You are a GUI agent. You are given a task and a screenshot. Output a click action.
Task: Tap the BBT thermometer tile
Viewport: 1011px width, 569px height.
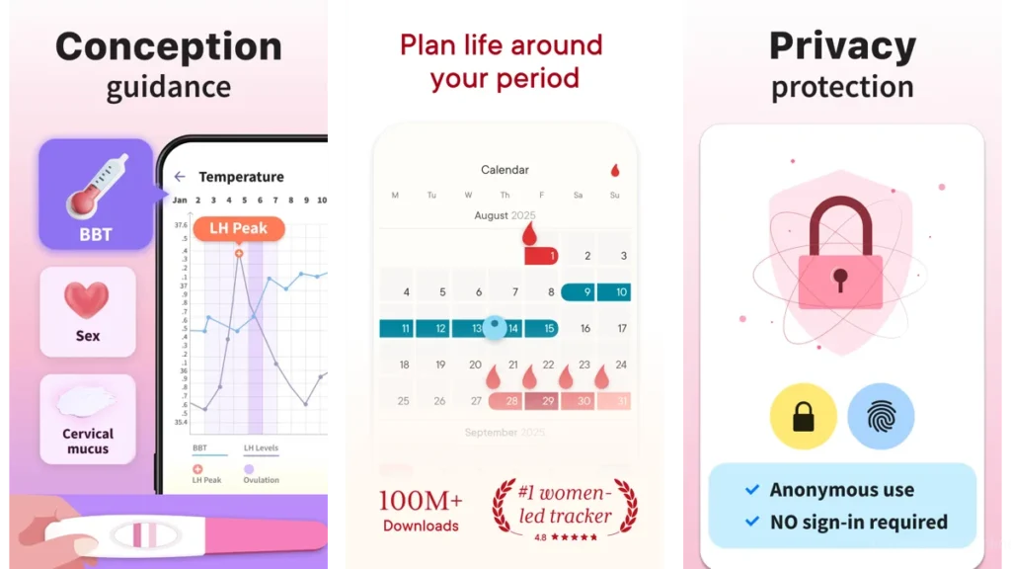click(x=96, y=195)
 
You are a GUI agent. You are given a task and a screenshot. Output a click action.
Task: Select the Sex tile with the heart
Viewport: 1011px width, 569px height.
click(x=88, y=310)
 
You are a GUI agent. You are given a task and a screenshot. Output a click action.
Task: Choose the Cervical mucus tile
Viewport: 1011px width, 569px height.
click(x=88, y=418)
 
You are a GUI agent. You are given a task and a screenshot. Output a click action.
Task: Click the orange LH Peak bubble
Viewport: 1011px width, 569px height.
click(x=238, y=228)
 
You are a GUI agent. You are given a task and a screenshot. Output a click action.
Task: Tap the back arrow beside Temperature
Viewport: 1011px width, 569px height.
click(x=180, y=177)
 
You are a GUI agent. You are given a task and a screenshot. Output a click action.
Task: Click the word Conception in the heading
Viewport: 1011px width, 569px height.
click(x=169, y=46)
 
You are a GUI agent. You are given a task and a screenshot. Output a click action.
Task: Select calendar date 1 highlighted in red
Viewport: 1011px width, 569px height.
click(x=541, y=256)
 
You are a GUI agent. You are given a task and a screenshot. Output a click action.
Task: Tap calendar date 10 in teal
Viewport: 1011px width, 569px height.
click(x=613, y=292)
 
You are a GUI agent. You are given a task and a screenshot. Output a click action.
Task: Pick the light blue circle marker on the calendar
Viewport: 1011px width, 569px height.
click(x=496, y=328)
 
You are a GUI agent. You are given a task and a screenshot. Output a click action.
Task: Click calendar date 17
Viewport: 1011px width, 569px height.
click(x=621, y=328)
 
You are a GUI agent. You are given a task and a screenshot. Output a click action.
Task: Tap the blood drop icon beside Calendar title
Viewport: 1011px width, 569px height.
click(x=615, y=170)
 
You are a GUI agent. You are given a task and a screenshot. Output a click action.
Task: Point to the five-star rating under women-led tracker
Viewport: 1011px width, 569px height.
click(x=573, y=538)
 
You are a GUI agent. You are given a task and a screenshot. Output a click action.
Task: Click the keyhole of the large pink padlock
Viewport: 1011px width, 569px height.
click(x=840, y=277)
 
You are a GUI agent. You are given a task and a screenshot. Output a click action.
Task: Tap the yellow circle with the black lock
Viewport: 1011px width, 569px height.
click(x=803, y=417)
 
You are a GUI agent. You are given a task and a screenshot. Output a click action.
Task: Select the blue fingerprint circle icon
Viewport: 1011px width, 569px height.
click(x=880, y=417)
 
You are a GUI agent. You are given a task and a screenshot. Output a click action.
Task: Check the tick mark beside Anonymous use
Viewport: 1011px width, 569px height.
click(x=752, y=490)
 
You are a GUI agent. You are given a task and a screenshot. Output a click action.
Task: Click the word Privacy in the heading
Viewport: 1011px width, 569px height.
click(x=842, y=46)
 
